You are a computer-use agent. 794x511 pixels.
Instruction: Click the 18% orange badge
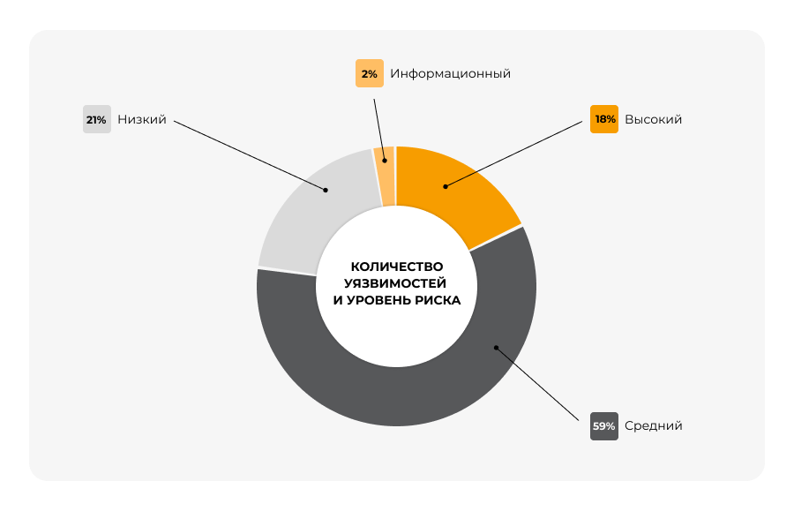tap(604, 119)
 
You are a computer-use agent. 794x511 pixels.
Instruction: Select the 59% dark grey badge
tap(604, 425)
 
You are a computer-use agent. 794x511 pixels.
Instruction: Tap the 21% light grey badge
tap(96, 119)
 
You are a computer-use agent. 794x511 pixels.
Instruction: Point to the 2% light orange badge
tap(370, 73)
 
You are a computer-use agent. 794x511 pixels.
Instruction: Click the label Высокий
tap(653, 119)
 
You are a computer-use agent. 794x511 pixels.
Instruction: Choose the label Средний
tap(653, 425)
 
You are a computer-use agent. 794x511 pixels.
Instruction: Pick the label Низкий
tap(142, 119)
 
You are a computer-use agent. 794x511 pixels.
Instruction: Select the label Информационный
tap(450, 73)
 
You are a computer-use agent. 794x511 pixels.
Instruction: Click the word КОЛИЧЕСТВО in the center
tap(397, 267)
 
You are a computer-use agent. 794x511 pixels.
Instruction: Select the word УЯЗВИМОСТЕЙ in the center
tap(397, 283)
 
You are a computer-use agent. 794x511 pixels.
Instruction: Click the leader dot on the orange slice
tap(446, 186)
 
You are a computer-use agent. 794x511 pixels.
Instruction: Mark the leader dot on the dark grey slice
tap(496, 348)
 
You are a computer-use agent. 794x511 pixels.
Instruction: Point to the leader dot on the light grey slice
tap(326, 189)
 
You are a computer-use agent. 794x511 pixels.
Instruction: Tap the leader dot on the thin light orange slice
tap(385, 162)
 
